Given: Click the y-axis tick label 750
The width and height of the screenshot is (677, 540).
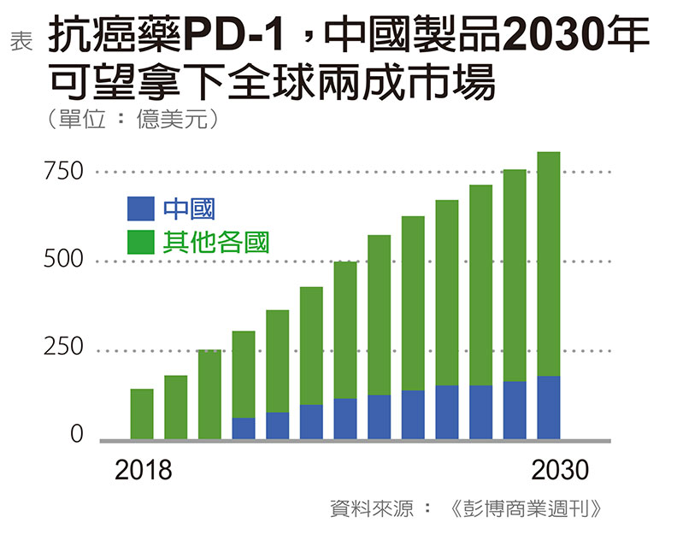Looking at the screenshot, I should pyautogui.click(x=64, y=171).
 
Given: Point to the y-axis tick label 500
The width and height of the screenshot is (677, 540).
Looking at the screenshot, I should pyautogui.click(x=64, y=260).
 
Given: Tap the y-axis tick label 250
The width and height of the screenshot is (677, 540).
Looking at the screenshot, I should pyautogui.click(x=64, y=349).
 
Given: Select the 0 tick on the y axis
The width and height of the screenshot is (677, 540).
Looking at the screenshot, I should pyautogui.click(x=77, y=436).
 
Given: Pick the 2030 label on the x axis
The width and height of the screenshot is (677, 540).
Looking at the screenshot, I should pyautogui.click(x=560, y=470).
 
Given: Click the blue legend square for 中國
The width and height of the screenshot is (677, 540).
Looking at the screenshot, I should pyautogui.click(x=140, y=208).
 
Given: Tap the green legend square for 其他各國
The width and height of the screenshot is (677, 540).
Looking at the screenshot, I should pyautogui.click(x=140, y=242).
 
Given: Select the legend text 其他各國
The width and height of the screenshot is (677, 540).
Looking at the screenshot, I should pyautogui.click(x=216, y=242).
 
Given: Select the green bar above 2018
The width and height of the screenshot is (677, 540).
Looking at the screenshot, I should pyautogui.click(x=142, y=414).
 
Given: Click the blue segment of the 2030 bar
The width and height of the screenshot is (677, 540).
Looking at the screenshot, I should pyautogui.click(x=548, y=408).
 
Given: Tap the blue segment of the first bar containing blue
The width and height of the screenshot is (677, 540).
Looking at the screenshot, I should pyautogui.click(x=244, y=429).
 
